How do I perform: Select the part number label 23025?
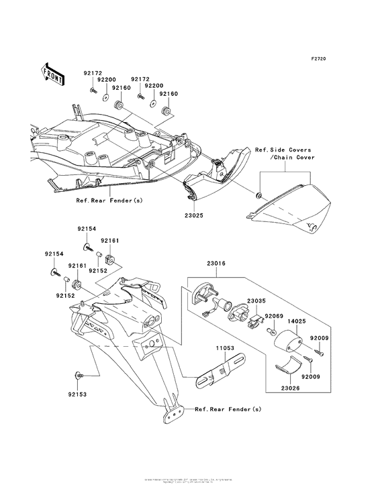tap(194, 216)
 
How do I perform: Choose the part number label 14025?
tap(297, 322)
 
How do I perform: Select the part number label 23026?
tap(291, 386)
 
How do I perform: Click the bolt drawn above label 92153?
tap(80, 376)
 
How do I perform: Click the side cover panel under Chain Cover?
tap(295, 211)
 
